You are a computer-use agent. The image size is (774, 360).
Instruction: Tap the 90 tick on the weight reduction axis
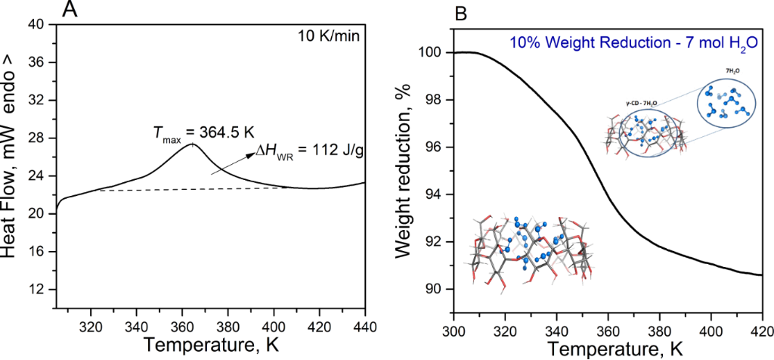click(x=436, y=290)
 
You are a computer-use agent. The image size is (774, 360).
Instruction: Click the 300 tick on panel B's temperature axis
click(x=454, y=331)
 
